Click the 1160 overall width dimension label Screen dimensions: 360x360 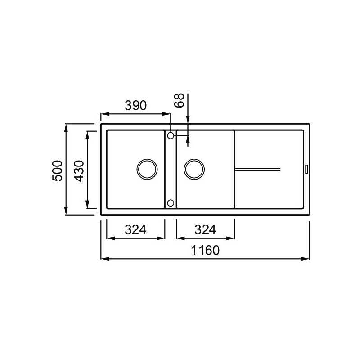tap(204, 250)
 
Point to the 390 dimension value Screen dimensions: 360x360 tap(135, 106)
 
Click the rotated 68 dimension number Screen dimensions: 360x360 tap(180, 100)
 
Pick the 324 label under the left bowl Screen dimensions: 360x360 tap(135, 229)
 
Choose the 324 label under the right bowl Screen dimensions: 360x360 tap(205, 229)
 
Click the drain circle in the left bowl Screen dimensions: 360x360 tap(147, 169)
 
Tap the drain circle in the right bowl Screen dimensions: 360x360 tap(195, 169)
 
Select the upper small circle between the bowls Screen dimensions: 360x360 tap(171, 135)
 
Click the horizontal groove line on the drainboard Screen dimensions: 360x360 tap(258, 169)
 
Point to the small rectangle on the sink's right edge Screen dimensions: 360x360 tap(306, 169)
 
